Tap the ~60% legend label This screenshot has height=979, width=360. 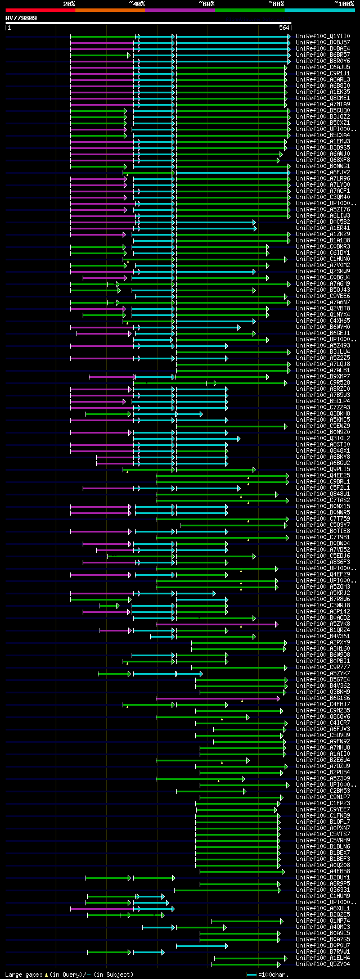206,4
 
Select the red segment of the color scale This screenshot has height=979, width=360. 40,10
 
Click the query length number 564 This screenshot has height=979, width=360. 284,28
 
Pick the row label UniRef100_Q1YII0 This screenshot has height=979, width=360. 323,37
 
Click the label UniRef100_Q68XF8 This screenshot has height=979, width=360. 323,160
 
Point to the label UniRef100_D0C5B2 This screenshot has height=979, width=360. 323,222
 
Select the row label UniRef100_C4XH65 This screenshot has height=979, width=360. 323,321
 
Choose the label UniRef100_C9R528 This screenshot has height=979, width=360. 323,383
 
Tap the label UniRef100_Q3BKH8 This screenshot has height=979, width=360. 323,414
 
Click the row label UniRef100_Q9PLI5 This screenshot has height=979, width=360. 323,470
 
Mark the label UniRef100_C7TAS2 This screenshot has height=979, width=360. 323,500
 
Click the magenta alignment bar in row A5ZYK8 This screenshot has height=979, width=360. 216,624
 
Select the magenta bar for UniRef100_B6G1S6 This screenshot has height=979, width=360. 217,698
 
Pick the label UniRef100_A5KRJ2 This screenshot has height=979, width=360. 323,593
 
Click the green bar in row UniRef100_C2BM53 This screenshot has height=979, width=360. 210,791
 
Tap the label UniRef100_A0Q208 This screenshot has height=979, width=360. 323,865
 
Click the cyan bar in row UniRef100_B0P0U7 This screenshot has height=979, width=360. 201,946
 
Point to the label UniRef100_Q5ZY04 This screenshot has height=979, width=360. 323,964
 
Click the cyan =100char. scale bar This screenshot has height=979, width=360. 251,975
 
